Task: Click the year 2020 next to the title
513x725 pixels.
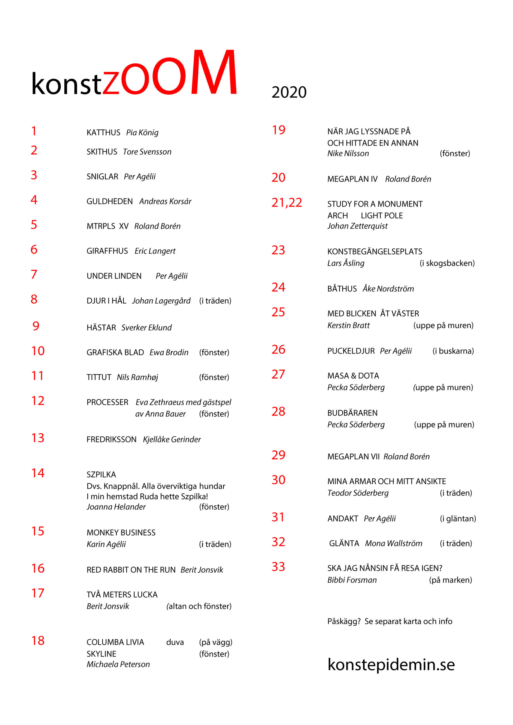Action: click(289, 92)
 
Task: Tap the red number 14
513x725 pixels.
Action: click(38, 473)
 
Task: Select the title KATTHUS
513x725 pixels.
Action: click(103, 133)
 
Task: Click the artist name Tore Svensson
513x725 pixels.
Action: click(147, 152)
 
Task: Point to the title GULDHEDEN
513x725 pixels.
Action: click(110, 201)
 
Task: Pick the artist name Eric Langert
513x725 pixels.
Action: click(155, 251)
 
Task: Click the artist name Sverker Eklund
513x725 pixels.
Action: click(146, 328)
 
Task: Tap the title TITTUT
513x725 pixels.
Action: click(99, 377)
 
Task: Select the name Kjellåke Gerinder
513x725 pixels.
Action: click(172, 440)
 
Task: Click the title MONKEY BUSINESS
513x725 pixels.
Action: click(121, 533)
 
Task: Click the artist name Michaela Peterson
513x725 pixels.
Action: click(118, 664)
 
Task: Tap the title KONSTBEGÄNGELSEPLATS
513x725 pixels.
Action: click(375, 252)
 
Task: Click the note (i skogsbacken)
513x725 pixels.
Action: click(447, 263)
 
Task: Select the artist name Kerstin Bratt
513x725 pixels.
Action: click(348, 326)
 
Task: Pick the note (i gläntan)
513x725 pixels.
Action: click(458, 519)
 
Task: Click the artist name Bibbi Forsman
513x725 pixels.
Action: click(352, 580)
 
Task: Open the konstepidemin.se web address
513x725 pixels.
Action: click(391, 664)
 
